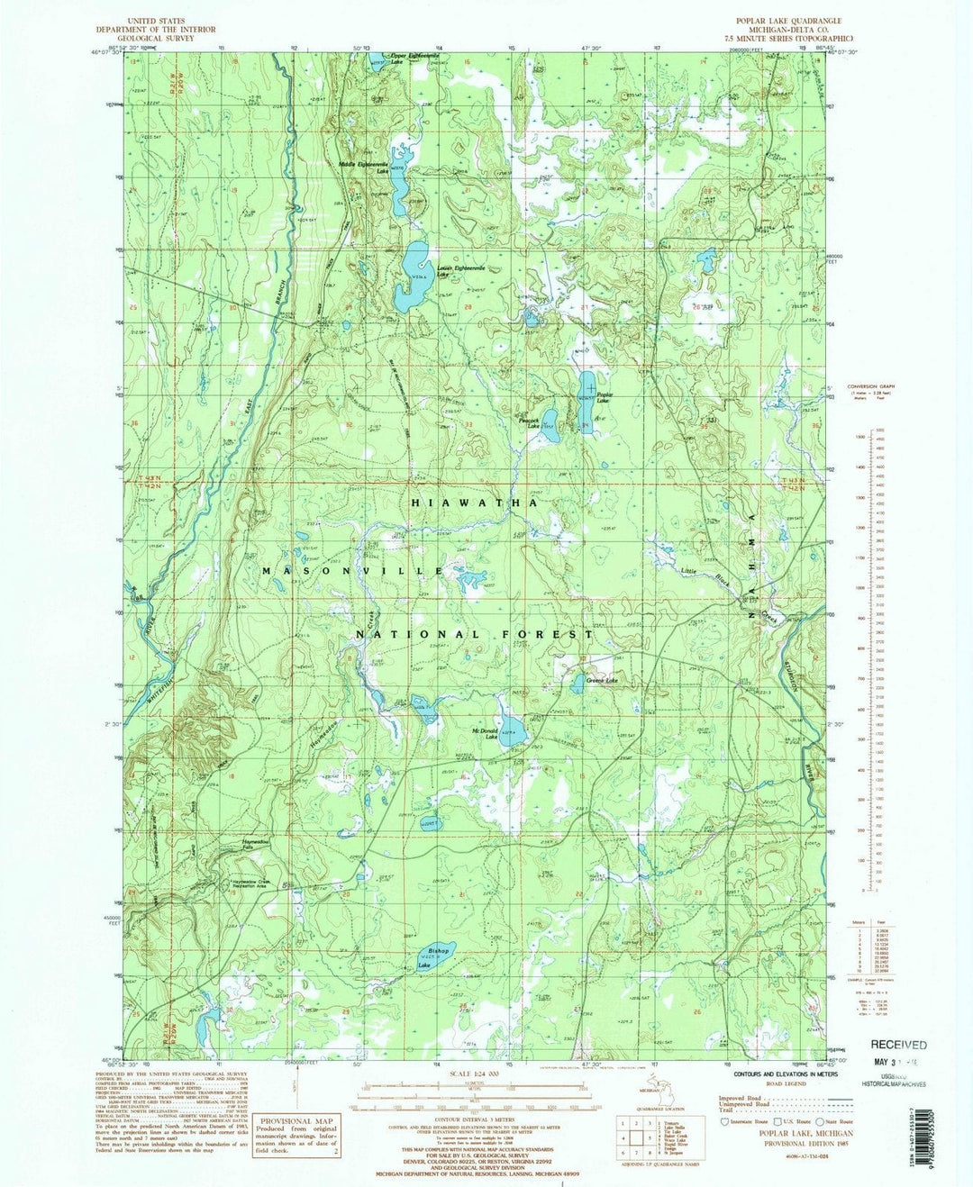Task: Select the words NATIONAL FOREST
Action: point(474,634)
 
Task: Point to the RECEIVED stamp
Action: point(897,1045)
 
